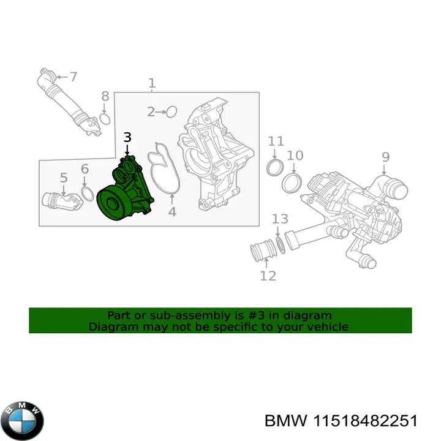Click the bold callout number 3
127,138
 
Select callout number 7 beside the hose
73,77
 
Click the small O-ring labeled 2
171,112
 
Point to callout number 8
105,96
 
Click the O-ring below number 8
105,119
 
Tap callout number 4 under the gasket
172,212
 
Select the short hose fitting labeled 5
62,202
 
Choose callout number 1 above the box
152,83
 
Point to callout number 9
385,157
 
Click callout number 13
280,219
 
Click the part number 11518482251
365,421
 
